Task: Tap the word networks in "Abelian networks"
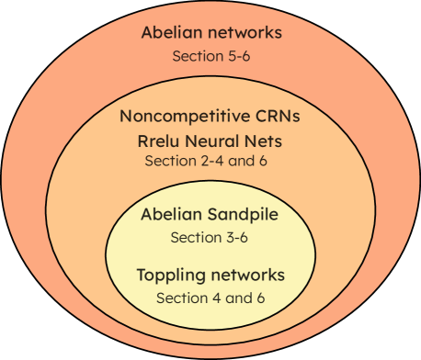coord(245,33)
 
